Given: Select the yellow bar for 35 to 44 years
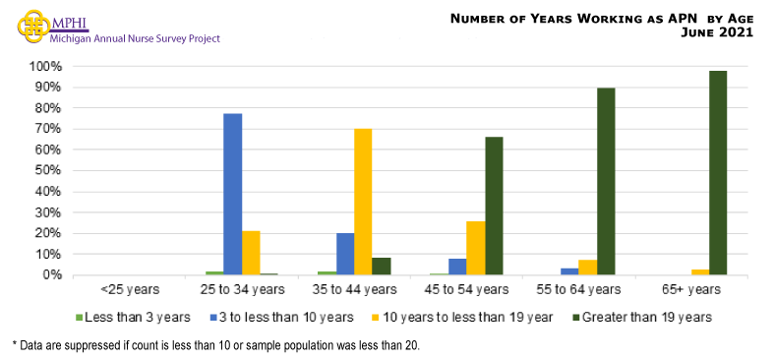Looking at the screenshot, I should coord(363,202).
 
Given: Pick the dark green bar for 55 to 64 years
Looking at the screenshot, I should coord(606,181).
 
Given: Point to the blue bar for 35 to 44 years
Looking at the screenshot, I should coord(344,254).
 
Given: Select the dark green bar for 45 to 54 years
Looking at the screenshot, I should coord(494,206).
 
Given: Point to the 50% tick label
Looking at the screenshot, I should coord(48,170).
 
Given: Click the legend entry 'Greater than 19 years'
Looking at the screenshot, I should coord(644,317).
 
